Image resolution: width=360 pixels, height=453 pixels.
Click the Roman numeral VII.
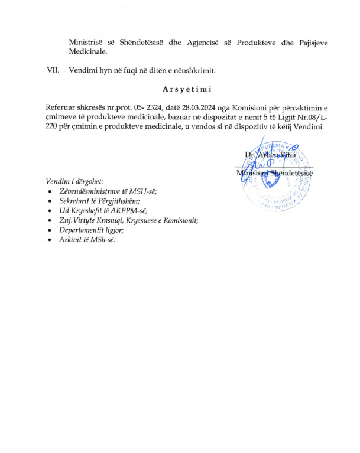pos(54,70)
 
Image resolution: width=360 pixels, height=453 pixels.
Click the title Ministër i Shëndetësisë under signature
pos(274,172)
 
